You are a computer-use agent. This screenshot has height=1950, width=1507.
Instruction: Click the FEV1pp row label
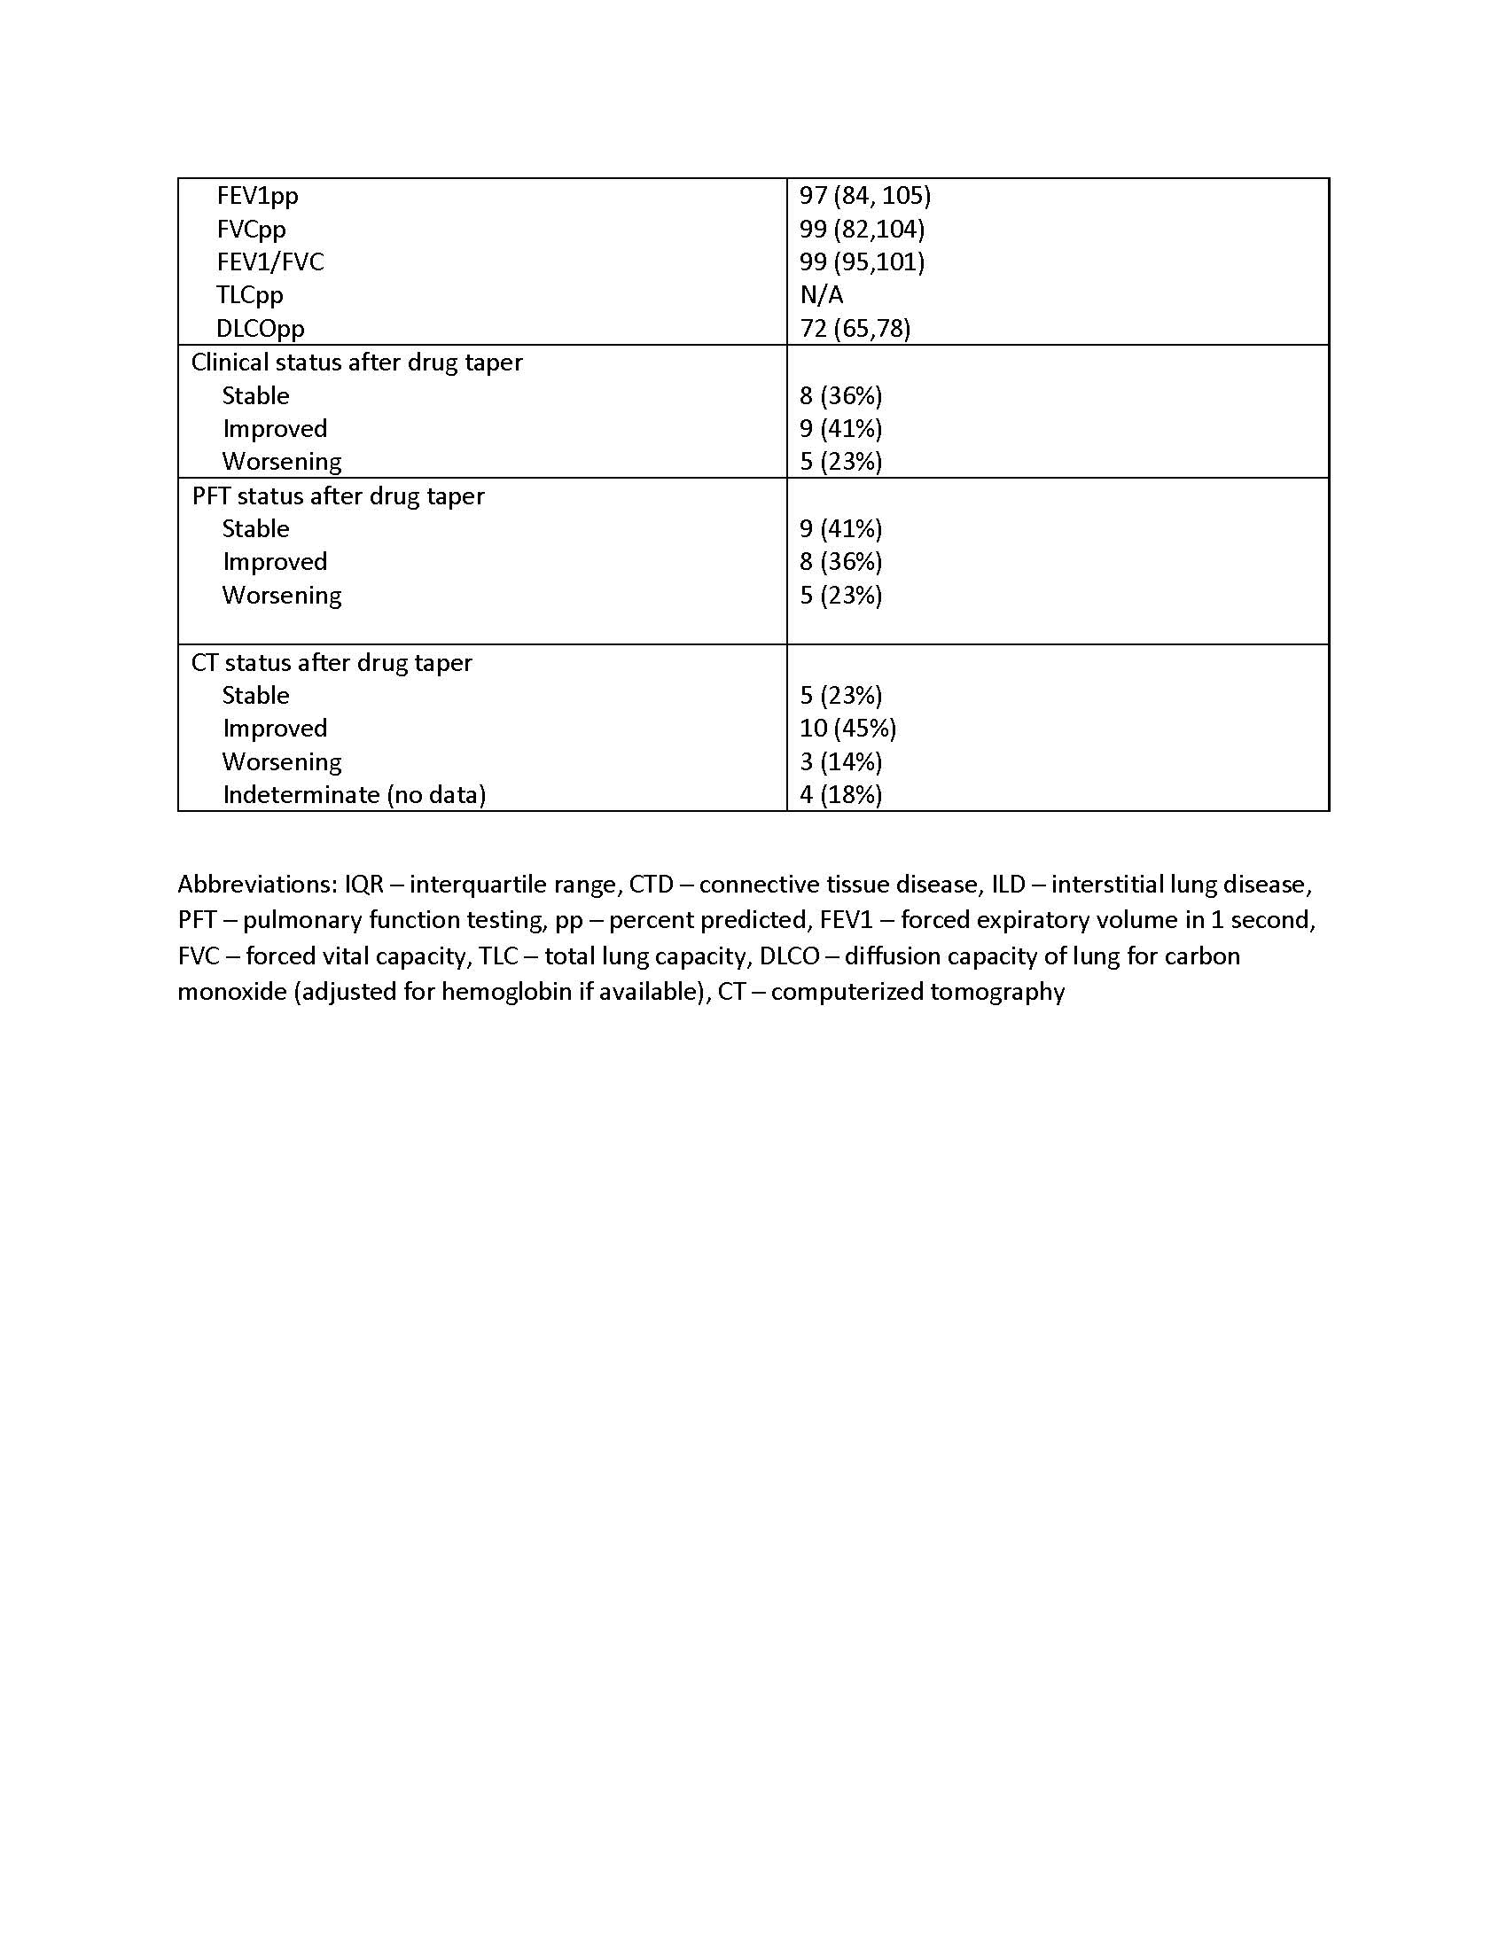click(257, 196)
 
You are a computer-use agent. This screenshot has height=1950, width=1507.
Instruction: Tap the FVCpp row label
click(251, 230)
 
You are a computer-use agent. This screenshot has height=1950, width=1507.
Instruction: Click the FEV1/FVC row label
click(269, 262)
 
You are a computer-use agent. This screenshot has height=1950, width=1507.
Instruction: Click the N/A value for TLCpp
click(822, 294)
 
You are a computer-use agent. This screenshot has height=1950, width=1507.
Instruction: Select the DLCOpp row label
click(260, 329)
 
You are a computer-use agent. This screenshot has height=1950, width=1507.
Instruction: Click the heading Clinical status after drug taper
click(356, 363)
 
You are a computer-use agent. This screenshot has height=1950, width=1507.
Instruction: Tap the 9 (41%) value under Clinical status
click(840, 429)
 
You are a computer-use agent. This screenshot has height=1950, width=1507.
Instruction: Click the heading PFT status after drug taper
click(338, 495)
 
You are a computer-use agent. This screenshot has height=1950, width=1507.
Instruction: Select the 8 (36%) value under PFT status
click(840, 562)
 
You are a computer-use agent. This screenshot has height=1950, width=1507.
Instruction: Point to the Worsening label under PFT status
click(281, 595)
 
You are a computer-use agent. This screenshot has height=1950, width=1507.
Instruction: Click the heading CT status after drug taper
click(332, 662)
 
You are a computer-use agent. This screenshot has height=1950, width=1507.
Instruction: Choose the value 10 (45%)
click(847, 729)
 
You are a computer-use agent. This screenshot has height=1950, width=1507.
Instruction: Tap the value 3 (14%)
click(840, 761)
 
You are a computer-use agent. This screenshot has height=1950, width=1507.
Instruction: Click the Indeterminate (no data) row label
click(354, 795)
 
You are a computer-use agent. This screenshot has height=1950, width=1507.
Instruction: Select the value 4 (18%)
click(840, 795)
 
